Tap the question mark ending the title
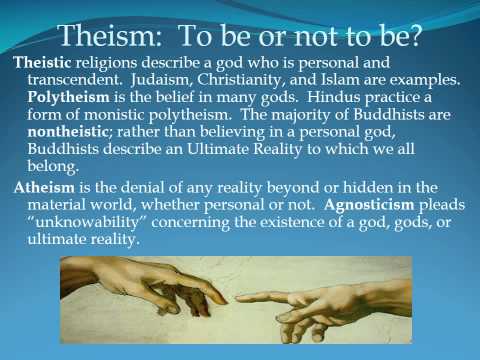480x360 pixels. [x=416, y=37]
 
